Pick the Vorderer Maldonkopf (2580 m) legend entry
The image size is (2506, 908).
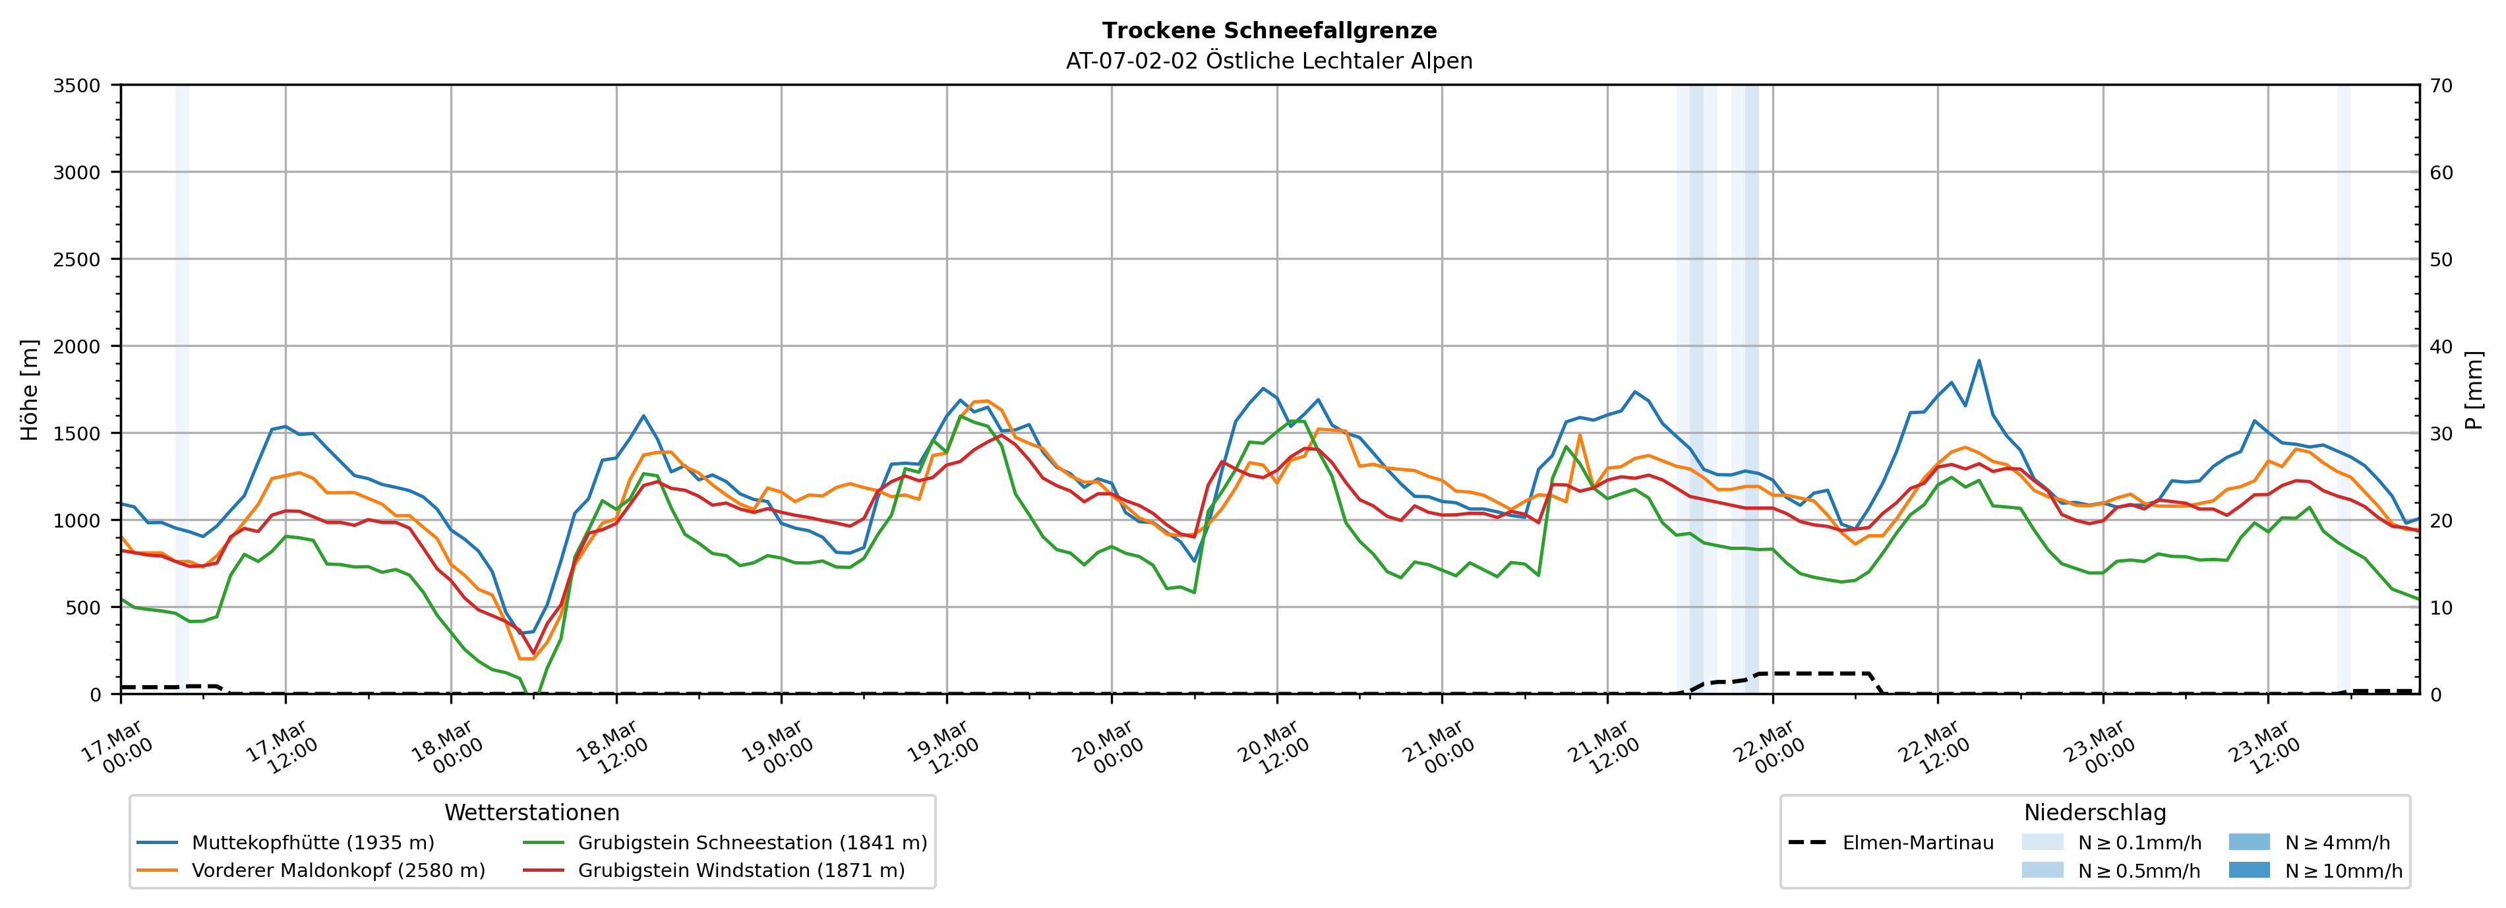338,870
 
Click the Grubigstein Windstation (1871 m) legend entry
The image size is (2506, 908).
740,870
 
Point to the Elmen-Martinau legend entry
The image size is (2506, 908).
1917,843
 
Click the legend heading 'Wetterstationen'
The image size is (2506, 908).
531,812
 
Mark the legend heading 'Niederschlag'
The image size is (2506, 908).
2095,812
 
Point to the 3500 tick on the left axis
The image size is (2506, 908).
77,86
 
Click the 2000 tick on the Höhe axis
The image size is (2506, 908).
77,346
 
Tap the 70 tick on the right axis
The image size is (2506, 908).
2441,86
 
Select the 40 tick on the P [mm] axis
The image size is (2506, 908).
2441,346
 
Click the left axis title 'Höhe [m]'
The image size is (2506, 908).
30,389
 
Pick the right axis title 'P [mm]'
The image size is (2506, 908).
2474,389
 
